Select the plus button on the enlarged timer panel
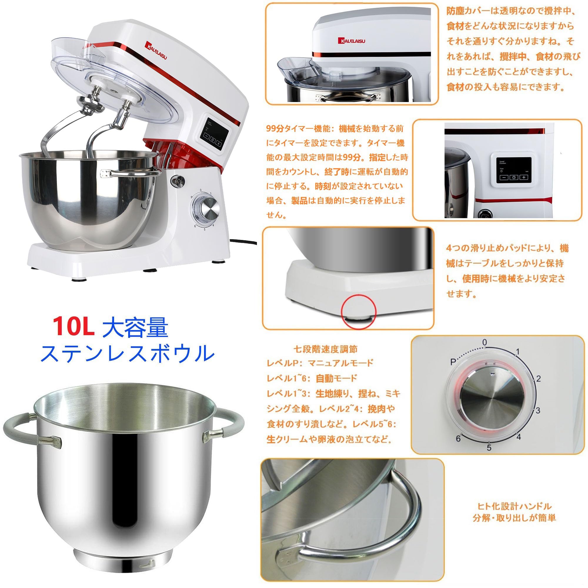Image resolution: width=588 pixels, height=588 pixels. (x=524, y=177)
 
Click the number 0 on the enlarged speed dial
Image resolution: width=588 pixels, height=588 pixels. (x=485, y=342)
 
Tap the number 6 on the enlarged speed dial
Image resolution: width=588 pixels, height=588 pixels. (x=458, y=439)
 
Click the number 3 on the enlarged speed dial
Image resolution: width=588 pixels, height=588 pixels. (x=538, y=410)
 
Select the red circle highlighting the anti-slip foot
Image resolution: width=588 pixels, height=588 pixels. (x=358, y=311)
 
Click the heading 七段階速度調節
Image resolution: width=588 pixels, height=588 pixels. (x=325, y=349)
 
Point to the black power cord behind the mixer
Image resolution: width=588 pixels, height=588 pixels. (x=243, y=242)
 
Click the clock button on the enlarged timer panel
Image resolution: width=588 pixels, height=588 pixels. (x=514, y=177)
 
